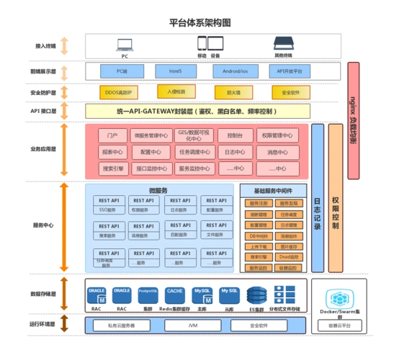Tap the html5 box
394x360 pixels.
175,71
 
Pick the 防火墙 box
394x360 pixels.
233,93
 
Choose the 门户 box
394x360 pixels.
112,135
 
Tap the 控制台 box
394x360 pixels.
235,135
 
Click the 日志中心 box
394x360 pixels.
235,152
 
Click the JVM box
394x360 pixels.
194,325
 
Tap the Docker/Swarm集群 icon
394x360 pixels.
339,299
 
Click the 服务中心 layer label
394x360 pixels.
44,225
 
